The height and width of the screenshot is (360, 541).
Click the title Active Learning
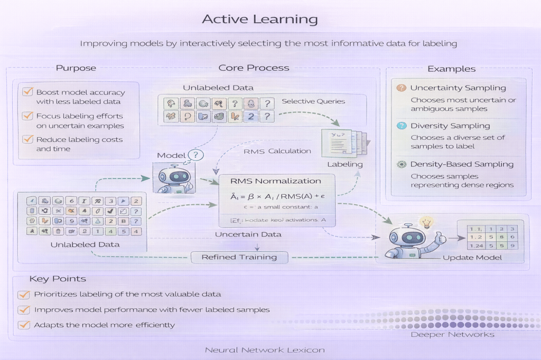click(x=260, y=20)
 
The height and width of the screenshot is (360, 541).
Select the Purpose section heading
click(x=76, y=68)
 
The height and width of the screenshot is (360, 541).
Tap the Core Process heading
click(x=254, y=68)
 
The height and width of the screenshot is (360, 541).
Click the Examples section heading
click(x=451, y=69)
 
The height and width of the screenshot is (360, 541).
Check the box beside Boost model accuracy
click(x=27, y=92)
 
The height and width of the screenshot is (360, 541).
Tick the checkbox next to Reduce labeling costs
click(x=27, y=139)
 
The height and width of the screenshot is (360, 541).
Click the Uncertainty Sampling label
click(x=458, y=88)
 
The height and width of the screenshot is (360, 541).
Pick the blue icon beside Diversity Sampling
click(x=402, y=126)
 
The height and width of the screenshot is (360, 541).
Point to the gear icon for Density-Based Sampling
click(x=402, y=164)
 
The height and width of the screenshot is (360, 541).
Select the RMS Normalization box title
click(x=276, y=181)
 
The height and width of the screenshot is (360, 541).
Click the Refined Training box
click(x=239, y=257)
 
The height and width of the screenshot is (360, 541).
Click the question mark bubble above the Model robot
click(x=195, y=155)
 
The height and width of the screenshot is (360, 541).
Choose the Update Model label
click(x=472, y=258)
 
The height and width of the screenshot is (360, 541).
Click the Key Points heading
click(x=58, y=279)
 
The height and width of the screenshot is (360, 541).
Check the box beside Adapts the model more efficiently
click(x=23, y=325)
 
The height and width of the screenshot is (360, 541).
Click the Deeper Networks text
click(x=452, y=334)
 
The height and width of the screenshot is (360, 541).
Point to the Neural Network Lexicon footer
click(x=265, y=350)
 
